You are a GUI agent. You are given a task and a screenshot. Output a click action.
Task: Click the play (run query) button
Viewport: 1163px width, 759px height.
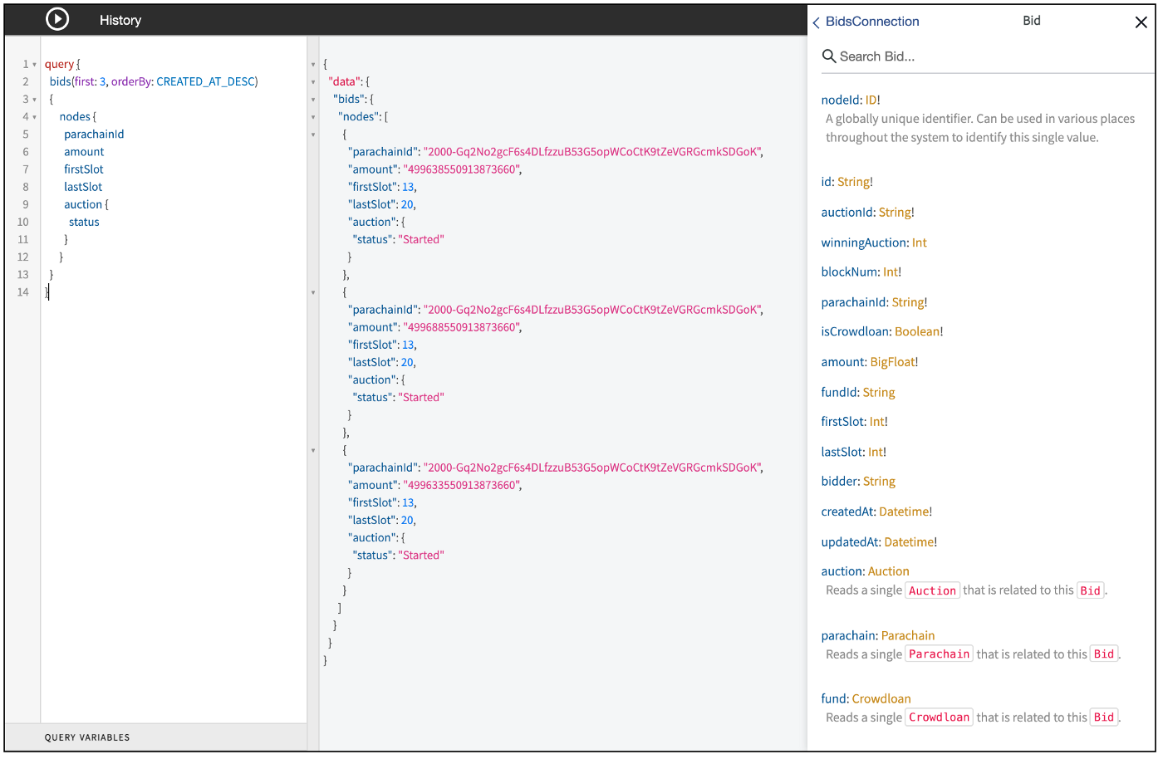tap(57, 20)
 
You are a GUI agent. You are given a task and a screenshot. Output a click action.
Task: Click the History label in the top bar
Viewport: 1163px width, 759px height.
tap(120, 20)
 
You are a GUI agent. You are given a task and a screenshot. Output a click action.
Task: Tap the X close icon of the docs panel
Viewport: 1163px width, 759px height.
tap(1141, 22)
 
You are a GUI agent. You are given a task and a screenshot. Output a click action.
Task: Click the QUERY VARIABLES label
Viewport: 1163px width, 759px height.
tap(87, 737)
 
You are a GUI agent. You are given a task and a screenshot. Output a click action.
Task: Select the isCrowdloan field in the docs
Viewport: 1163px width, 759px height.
tap(846, 331)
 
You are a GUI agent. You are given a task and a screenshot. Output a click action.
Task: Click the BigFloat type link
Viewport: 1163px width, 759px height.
tap(892, 362)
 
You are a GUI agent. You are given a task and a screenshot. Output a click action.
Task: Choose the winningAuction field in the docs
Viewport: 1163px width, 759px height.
tap(864, 242)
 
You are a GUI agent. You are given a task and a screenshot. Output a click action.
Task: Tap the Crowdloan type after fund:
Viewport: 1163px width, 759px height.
tap(881, 698)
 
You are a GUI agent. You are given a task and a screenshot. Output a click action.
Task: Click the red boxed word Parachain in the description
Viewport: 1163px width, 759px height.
tap(939, 654)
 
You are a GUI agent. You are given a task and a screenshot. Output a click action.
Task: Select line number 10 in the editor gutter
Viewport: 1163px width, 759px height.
tap(23, 222)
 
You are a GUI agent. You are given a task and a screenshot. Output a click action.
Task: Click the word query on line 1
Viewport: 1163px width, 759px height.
tap(59, 64)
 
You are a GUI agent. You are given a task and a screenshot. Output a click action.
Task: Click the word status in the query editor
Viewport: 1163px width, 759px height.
tap(84, 222)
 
